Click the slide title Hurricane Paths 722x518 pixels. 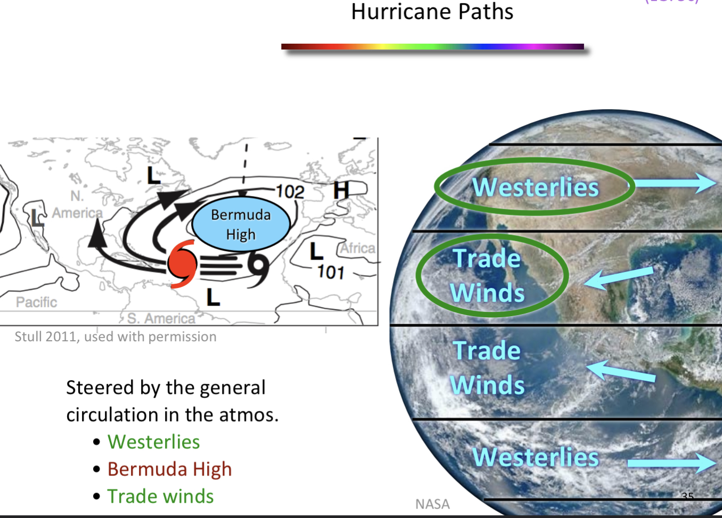point(432,12)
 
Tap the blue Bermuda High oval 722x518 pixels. point(241,224)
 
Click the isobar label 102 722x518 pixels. point(290,192)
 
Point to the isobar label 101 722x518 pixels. point(331,273)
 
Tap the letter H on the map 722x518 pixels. point(341,190)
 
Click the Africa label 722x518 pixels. point(357,248)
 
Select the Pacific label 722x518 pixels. point(36,302)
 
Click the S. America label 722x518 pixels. point(161,318)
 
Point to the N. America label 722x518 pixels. point(78,205)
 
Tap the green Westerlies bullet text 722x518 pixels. point(153,442)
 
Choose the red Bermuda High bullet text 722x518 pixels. point(169,469)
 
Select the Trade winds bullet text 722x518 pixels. point(160,496)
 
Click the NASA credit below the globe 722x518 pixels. point(432,504)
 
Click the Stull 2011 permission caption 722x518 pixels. point(116,336)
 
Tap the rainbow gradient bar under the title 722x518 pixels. point(432,47)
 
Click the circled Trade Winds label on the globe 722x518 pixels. point(487,276)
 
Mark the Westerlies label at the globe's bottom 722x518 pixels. point(536,457)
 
